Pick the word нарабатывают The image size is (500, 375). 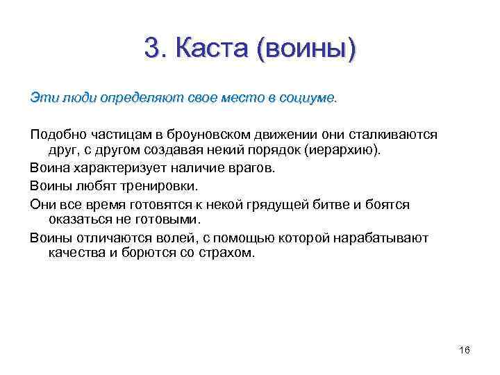381,237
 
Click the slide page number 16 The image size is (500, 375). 465,350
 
